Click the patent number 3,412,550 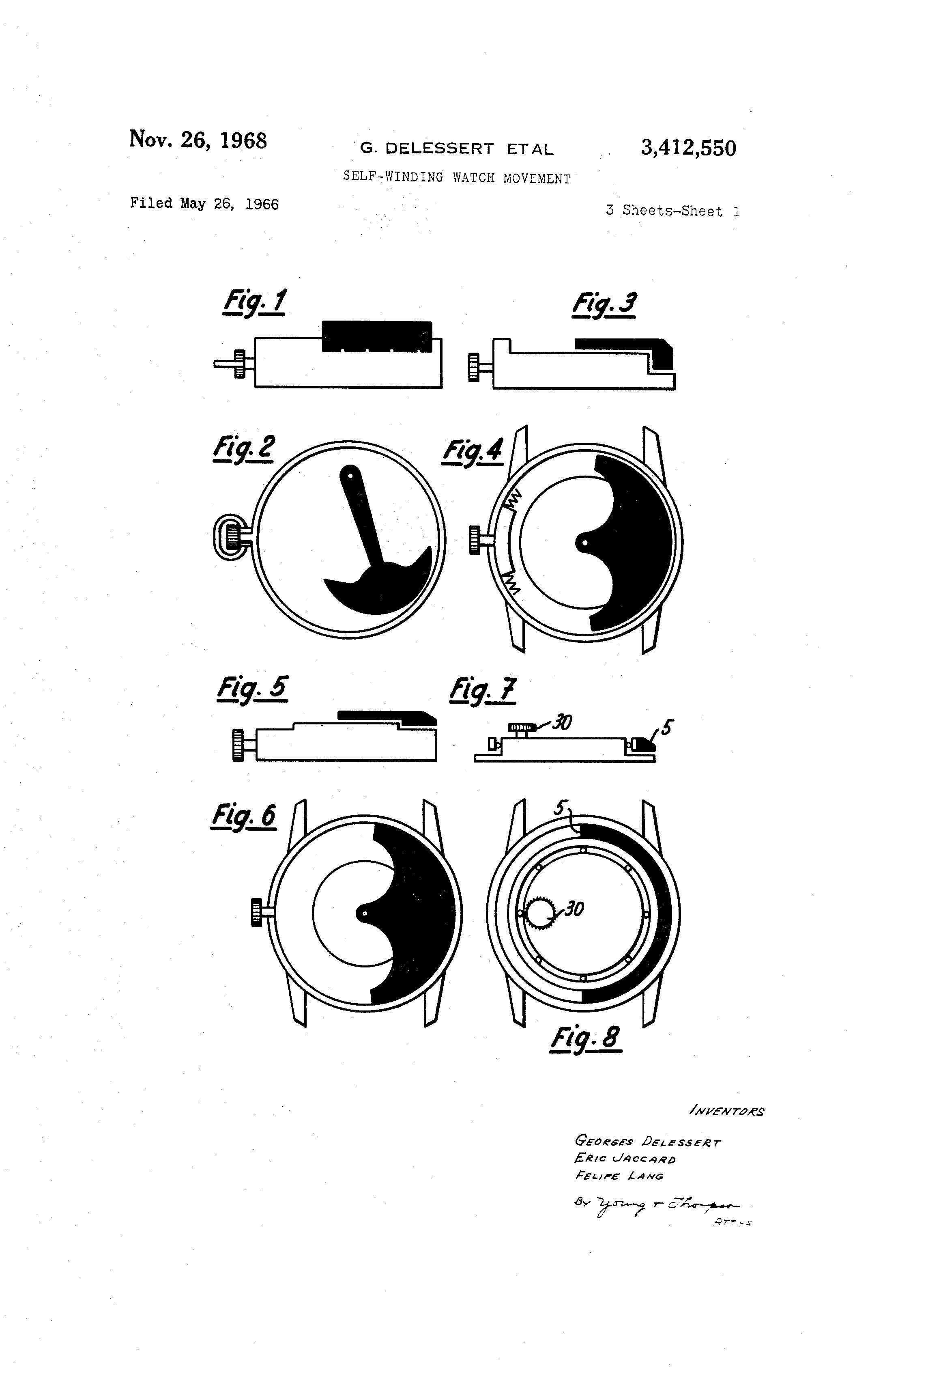tap(688, 148)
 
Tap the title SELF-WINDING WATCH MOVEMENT tap(456, 177)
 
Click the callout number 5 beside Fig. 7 tap(667, 727)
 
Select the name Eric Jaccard tap(625, 1159)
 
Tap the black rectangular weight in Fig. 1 tap(376, 336)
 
